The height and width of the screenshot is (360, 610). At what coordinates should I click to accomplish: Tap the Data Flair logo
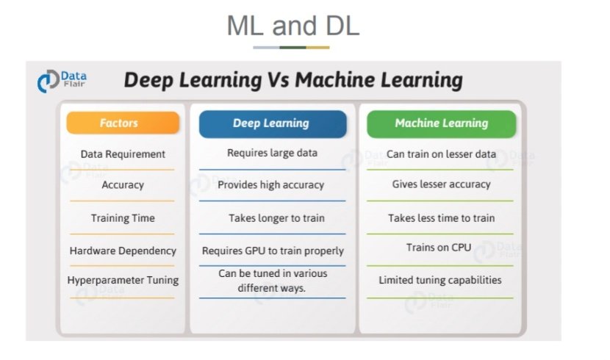(x=62, y=79)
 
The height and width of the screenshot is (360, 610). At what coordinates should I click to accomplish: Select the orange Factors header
(x=123, y=123)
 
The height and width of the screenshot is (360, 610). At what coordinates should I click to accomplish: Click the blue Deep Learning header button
(x=272, y=123)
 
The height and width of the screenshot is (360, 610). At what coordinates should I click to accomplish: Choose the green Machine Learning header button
(x=441, y=123)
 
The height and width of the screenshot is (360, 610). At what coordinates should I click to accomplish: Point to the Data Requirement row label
(x=123, y=154)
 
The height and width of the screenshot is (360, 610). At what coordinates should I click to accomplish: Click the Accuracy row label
(x=123, y=185)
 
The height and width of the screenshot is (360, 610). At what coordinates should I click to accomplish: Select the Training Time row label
(x=123, y=218)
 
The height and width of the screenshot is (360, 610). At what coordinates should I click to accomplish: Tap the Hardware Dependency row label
(x=123, y=251)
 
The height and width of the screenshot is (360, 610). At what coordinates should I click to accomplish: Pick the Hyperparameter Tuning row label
(x=123, y=280)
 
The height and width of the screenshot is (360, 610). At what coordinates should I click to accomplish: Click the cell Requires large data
(x=272, y=153)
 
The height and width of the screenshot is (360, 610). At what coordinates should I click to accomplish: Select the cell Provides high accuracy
(x=272, y=185)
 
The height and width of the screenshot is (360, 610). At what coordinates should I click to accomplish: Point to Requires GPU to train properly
(x=273, y=251)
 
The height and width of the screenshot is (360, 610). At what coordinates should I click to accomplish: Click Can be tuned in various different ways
(x=272, y=281)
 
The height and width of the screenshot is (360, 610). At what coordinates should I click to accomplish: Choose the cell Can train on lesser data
(x=441, y=154)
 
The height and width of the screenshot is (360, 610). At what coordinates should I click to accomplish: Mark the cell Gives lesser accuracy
(x=441, y=184)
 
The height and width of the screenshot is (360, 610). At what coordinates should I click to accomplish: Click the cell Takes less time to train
(x=441, y=218)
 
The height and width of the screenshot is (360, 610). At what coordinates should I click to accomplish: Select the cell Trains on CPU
(x=438, y=248)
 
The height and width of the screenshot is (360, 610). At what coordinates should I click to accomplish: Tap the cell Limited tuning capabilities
(x=440, y=280)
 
